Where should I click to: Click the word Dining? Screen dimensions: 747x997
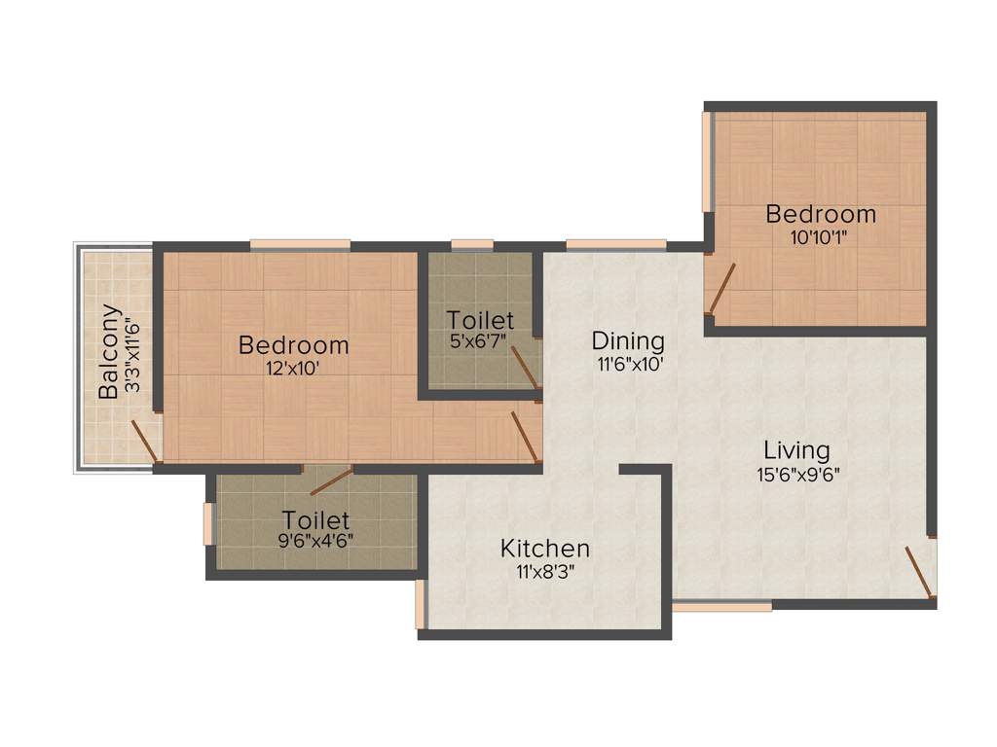[628, 341]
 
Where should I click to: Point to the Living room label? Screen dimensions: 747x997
[796, 450]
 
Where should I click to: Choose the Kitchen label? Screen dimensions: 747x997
[544, 549]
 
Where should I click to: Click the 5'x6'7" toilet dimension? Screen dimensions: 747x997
[479, 341]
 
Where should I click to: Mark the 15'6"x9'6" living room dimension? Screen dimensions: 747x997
[796, 475]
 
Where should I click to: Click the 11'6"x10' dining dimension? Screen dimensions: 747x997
[628, 365]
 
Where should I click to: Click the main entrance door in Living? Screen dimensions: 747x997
[920, 572]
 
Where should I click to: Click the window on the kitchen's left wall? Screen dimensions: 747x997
[421, 603]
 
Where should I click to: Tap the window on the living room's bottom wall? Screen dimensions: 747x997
[721, 606]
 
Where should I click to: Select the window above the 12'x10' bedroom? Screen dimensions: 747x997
[300, 244]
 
